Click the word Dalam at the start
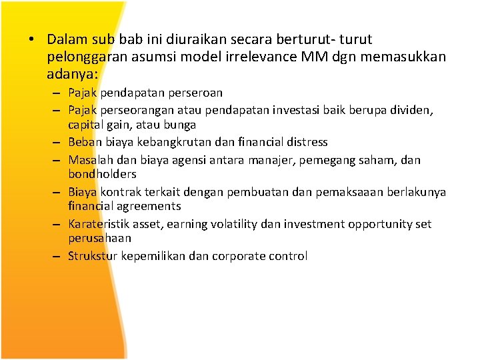point(65,40)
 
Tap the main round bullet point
point(31,41)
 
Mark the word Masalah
point(90,160)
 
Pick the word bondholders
point(102,174)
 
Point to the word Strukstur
point(93,256)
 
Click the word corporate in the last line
point(237,256)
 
